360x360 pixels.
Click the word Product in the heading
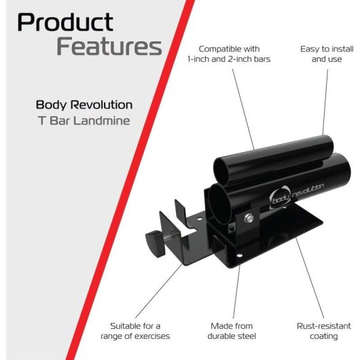[x=65, y=22]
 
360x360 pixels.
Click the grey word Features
[x=109, y=46]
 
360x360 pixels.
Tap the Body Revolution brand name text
[x=84, y=105]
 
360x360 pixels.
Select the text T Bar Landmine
[x=84, y=121]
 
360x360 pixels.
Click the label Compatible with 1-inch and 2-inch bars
[x=229, y=54]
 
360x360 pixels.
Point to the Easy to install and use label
[x=327, y=54]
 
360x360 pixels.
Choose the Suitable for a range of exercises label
[x=135, y=331]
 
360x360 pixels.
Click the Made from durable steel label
[x=232, y=331]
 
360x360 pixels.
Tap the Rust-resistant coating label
[x=324, y=331]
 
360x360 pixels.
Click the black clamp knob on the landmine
[x=155, y=243]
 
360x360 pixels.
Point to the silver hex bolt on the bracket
[x=249, y=217]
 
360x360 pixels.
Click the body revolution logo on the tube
[x=296, y=196]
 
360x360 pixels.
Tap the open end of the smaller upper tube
[x=221, y=172]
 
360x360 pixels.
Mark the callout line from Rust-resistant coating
[x=310, y=278]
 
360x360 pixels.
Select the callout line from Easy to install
[x=325, y=102]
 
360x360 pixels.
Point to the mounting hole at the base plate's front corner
[x=239, y=255]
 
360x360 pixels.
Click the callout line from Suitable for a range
[x=159, y=291]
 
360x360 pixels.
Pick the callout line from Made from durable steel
[x=236, y=291]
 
